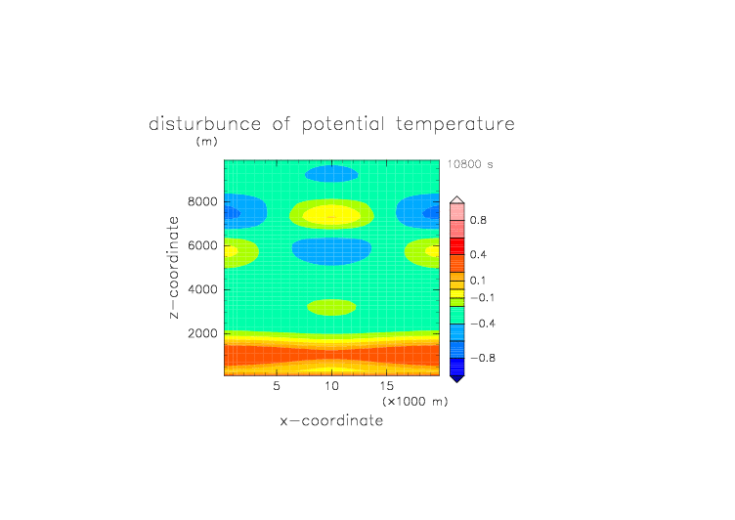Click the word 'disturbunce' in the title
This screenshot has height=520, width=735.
(x=204, y=124)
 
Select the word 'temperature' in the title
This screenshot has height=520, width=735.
(x=455, y=124)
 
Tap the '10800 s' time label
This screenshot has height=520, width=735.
(x=470, y=164)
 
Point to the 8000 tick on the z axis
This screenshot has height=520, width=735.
(x=202, y=201)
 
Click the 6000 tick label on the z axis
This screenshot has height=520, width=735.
(x=202, y=245)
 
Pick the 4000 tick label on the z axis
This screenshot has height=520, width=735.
(x=202, y=289)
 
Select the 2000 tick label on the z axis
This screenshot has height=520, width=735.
(x=202, y=333)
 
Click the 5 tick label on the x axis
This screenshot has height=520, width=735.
(x=277, y=386)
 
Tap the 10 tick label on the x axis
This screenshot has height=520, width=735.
(x=332, y=386)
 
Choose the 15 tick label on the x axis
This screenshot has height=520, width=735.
(x=387, y=386)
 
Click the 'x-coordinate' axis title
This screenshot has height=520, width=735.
(x=331, y=420)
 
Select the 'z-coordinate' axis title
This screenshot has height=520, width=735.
(x=173, y=267)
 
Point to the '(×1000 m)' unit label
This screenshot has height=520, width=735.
(x=415, y=402)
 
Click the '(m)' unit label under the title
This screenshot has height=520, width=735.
(x=207, y=141)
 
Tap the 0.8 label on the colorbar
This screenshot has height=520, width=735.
(x=478, y=220)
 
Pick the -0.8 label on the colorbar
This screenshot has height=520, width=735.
(x=483, y=358)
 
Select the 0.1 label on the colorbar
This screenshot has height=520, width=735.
(x=478, y=281)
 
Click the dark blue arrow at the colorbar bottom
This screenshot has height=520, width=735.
(x=457, y=379)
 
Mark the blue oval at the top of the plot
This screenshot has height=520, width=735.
(x=331, y=173)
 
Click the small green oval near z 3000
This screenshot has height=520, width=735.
(x=331, y=307)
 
